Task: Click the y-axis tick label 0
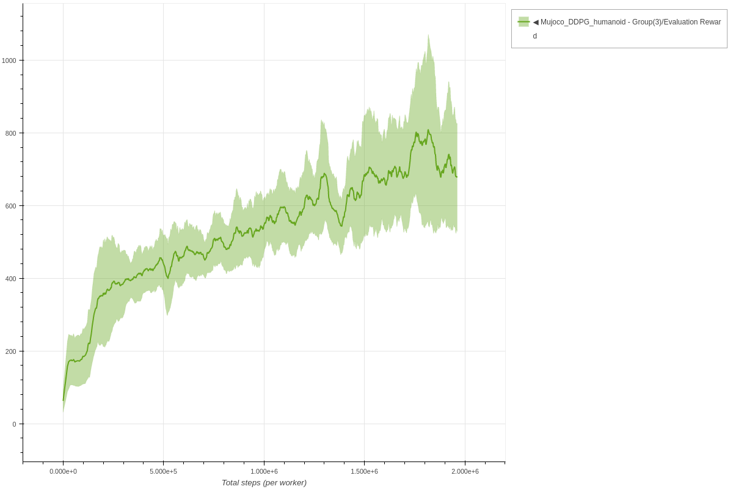[14, 424]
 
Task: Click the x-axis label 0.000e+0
[63, 471]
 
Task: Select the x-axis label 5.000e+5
[163, 471]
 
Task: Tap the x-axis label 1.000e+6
[264, 471]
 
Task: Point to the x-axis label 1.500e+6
[364, 471]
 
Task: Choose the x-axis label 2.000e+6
[465, 471]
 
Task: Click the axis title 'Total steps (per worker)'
[264, 483]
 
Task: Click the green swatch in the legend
[523, 22]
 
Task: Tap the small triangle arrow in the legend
[536, 22]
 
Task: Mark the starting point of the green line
[63, 400]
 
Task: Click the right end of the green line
[457, 177]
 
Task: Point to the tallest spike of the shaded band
[428, 35]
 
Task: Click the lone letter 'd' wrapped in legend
[535, 36]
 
